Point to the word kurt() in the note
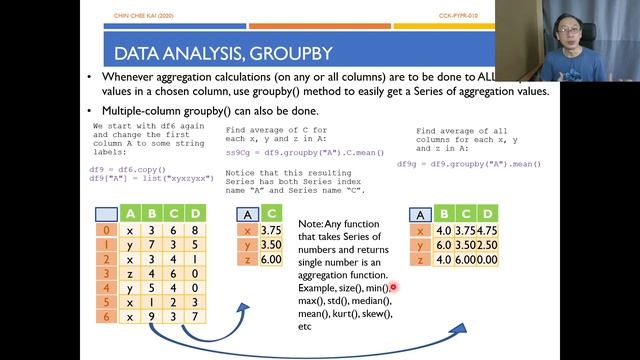(341, 313)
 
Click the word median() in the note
(369, 300)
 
